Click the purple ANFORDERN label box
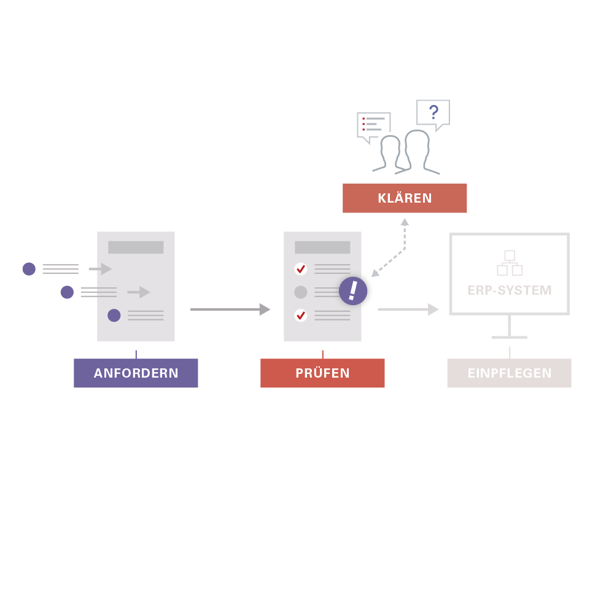click(x=136, y=373)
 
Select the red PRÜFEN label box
click(x=322, y=373)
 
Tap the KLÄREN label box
click(x=405, y=198)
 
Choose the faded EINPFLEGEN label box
click(x=509, y=373)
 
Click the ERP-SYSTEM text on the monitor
click(x=510, y=290)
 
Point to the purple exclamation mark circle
click(x=353, y=291)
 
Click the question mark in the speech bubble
click(x=433, y=112)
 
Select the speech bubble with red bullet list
click(x=373, y=125)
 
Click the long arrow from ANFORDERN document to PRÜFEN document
click(x=230, y=309)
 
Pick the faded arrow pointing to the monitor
click(x=408, y=309)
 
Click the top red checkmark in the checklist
click(x=301, y=269)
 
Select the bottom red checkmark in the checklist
click(x=301, y=315)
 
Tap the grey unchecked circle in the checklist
click(x=301, y=292)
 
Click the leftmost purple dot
click(x=29, y=269)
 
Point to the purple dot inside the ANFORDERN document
click(x=114, y=315)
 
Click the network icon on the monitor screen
click(x=510, y=263)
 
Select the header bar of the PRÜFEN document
click(x=322, y=247)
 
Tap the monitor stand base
click(x=510, y=337)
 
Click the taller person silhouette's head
click(x=417, y=141)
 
